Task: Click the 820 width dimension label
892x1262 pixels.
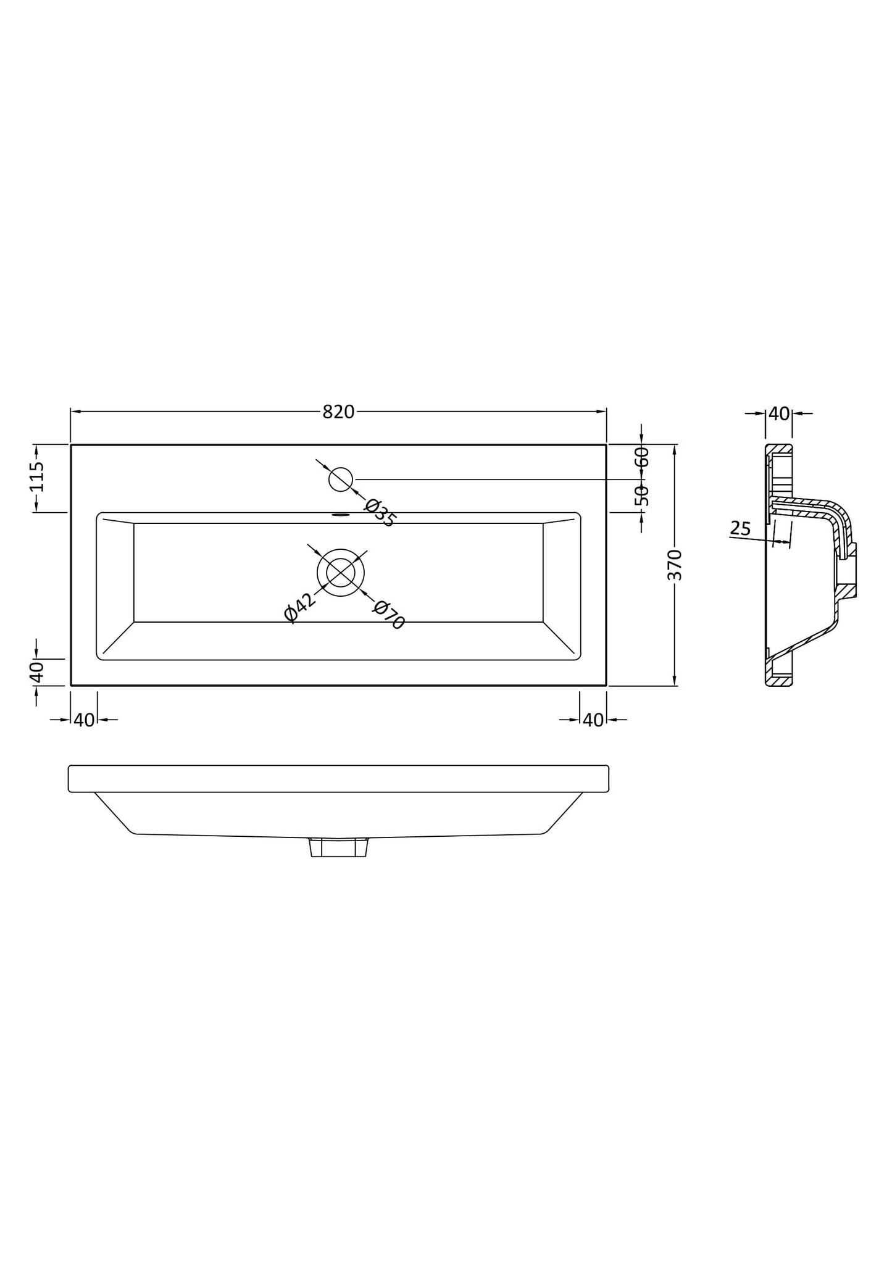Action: pos(338,412)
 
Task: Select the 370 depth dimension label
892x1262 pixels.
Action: pos(675,564)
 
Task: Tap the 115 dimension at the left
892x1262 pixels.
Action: pos(37,476)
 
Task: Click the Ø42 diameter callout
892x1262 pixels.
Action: pos(299,607)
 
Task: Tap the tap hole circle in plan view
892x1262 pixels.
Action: pos(340,479)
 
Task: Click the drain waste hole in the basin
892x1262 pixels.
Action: pos(340,573)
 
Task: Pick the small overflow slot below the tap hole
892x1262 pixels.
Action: pos(340,514)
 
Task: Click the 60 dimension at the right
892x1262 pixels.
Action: pos(643,457)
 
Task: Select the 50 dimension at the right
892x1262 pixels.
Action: pos(643,496)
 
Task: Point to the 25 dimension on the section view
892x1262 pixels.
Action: pos(740,528)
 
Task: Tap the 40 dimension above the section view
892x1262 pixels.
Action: pos(779,413)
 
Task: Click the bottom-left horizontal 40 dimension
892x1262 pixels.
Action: pos(84,720)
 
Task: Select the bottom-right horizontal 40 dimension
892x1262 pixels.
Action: pos(593,720)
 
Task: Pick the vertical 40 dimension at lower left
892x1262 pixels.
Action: pos(37,671)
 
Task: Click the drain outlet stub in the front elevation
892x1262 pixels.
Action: pos(338,847)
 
